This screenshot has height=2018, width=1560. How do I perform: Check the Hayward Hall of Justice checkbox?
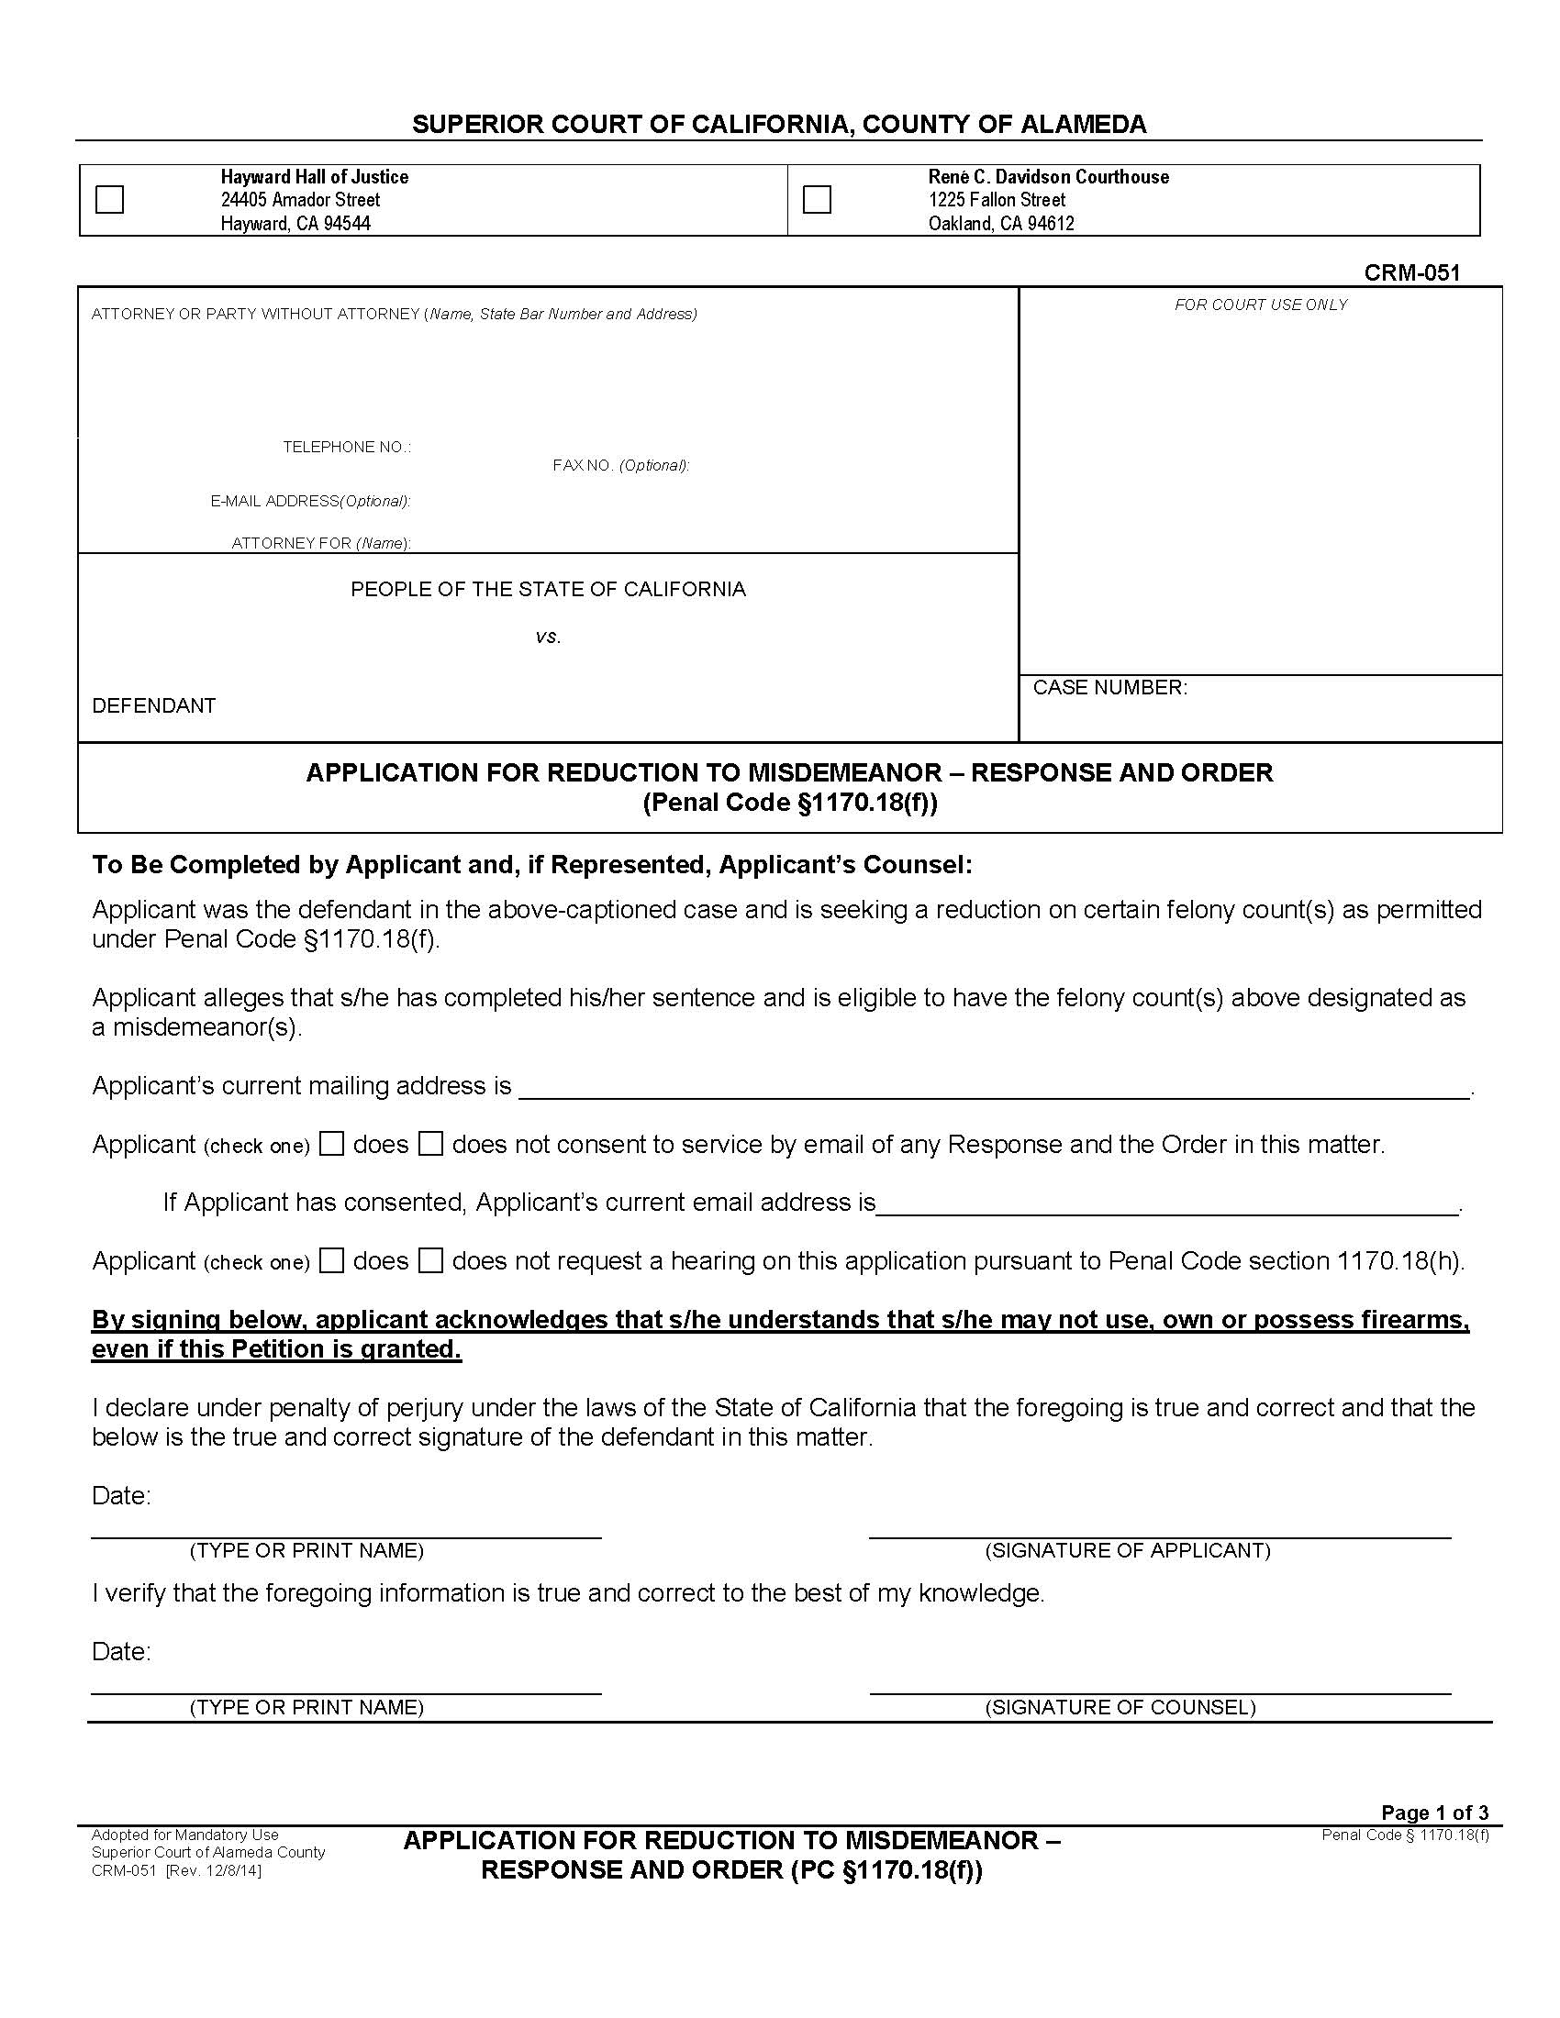tap(109, 200)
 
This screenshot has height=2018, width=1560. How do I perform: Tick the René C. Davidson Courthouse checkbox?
tap(817, 200)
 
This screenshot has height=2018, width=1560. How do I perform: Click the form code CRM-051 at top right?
tap(1411, 272)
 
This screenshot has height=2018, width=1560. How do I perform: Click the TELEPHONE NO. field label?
tap(347, 448)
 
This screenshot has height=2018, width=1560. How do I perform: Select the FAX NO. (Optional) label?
tap(621, 466)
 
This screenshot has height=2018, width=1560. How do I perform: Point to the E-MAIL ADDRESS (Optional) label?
tap(310, 502)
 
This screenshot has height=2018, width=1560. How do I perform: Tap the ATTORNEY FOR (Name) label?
tap(320, 543)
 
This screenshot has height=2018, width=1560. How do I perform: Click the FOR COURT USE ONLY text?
tap(1261, 305)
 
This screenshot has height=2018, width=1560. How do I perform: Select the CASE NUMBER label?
tap(1109, 687)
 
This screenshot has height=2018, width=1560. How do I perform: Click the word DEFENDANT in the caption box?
tap(153, 706)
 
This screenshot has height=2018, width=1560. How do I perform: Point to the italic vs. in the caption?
tap(548, 637)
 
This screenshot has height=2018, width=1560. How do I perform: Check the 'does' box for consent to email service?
tap(332, 1144)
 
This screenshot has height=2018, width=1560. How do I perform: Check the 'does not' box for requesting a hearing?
tap(430, 1260)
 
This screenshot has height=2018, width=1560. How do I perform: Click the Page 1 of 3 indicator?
tap(1434, 1813)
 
